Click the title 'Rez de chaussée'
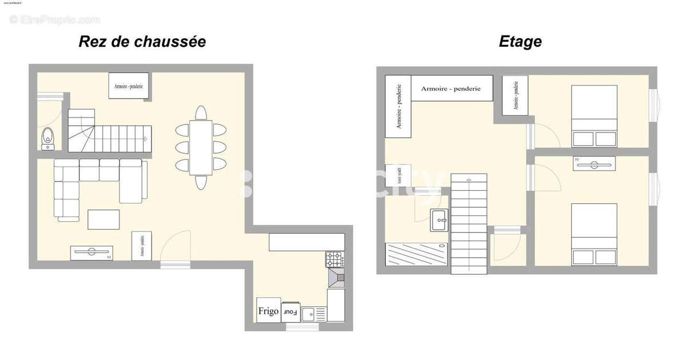[x=142, y=42]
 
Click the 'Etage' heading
[x=520, y=42]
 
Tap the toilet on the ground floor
[x=48, y=138]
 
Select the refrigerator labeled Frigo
[x=268, y=311]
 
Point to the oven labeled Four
[x=291, y=312]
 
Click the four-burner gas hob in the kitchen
[x=335, y=260]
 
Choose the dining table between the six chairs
[x=201, y=147]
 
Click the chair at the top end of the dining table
[x=201, y=112]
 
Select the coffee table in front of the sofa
[x=103, y=219]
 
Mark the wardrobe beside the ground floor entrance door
[x=142, y=246]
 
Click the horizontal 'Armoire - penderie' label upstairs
[x=451, y=89]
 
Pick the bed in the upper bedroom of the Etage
[x=595, y=117]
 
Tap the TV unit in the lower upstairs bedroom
[x=595, y=163]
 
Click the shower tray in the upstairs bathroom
[x=416, y=254]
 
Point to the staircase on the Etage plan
[x=469, y=223]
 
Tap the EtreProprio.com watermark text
[x=55, y=19]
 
